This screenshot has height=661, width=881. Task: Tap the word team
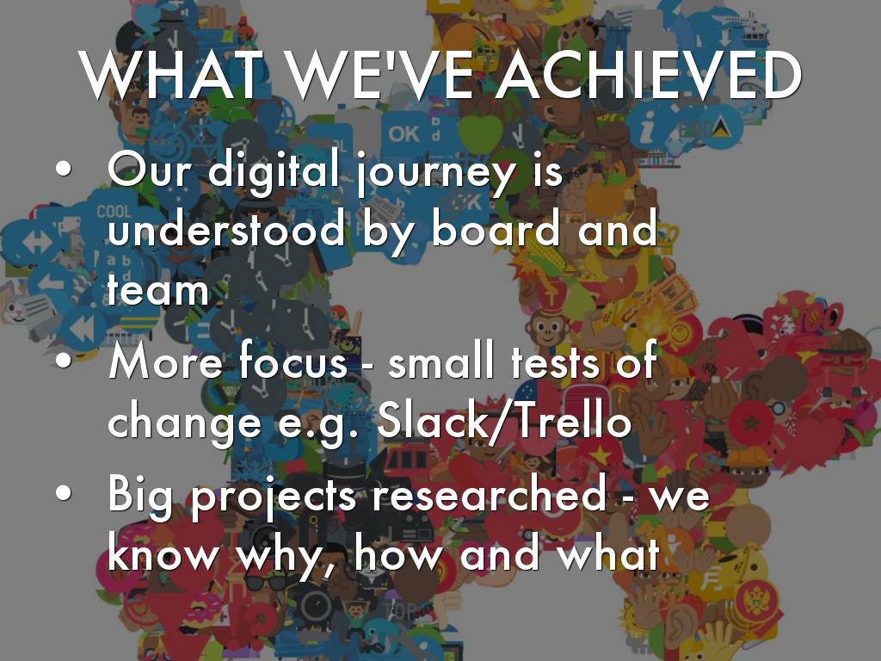coord(158,289)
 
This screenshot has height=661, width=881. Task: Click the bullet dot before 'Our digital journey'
coord(64,168)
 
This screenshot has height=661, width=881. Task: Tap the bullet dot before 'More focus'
coord(64,361)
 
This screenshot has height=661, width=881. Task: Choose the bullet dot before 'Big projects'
coord(64,492)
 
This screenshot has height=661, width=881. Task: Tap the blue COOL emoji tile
coord(114,211)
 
